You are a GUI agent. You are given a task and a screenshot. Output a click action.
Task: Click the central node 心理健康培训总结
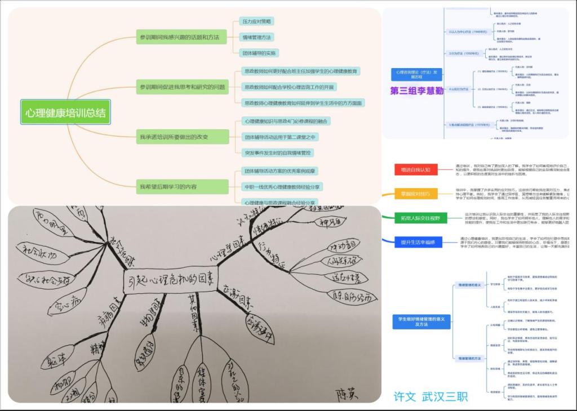[65, 113]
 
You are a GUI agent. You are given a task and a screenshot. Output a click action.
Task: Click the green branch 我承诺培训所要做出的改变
[183, 137]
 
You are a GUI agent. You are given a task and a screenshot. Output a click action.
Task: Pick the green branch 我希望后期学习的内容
[181, 186]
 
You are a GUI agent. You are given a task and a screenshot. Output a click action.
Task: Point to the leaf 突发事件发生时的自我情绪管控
[278, 153]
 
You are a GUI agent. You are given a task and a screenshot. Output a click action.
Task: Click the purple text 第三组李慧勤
[419, 91]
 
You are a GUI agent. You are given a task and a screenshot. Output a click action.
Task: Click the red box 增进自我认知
[415, 169]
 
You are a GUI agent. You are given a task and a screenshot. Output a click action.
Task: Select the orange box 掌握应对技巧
[415, 194]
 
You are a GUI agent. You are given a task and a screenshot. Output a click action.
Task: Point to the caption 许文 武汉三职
[430, 396]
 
